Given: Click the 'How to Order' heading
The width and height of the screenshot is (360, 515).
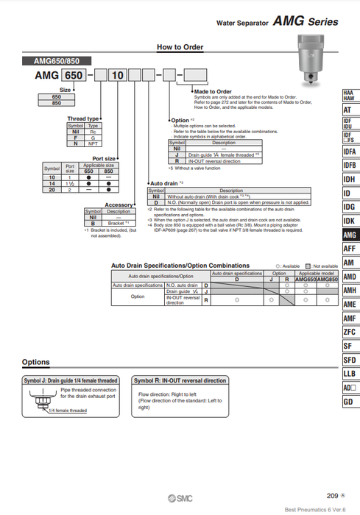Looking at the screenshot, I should [x=179, y=47].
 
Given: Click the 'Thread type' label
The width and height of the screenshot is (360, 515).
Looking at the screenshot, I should [x=82, y=118].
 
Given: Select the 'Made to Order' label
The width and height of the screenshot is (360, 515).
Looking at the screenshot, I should [x=213, y=91].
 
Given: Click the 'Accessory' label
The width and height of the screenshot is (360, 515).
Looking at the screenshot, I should [x=119, y=205].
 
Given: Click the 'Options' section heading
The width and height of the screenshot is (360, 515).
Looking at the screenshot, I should [x=36, y=362].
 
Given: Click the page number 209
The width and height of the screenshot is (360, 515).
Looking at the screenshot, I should [x=333, y=496].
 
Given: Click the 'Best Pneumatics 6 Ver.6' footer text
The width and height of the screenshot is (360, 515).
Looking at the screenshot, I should [x=320, y=509].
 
